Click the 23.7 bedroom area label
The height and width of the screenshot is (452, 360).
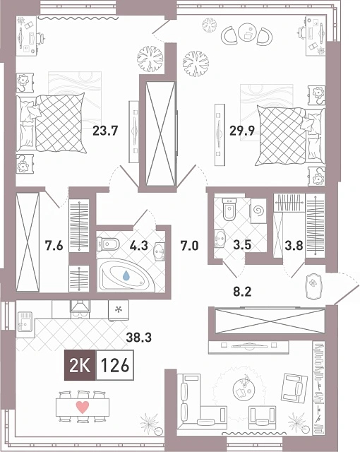(x=105, y=131)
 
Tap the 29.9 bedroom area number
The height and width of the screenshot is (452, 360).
(x=242, y=131)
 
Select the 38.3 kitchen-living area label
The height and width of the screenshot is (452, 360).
(x=139, y=337)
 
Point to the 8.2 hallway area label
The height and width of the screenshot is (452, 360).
(x=242, y=292)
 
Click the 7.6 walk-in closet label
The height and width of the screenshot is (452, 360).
(x=54, y=246)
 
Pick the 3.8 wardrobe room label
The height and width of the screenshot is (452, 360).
(x=294, y=246)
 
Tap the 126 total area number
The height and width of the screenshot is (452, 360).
(x=114, y=366)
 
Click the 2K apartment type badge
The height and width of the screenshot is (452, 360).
(x=80, y=366)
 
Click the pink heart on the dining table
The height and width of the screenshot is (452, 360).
(x=83, y=408)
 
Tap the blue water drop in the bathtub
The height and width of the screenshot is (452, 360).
(x=126, y=275)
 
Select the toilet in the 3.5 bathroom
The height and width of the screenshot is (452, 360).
(x=229, y=208)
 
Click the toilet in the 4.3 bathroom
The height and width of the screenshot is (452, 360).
(x=107, y=244)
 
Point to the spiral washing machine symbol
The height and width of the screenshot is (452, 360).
(x=258, y=210)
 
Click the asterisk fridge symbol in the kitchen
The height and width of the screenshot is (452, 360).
(x=119, y=311)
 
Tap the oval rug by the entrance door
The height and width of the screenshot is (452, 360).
(x=313, y=284)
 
